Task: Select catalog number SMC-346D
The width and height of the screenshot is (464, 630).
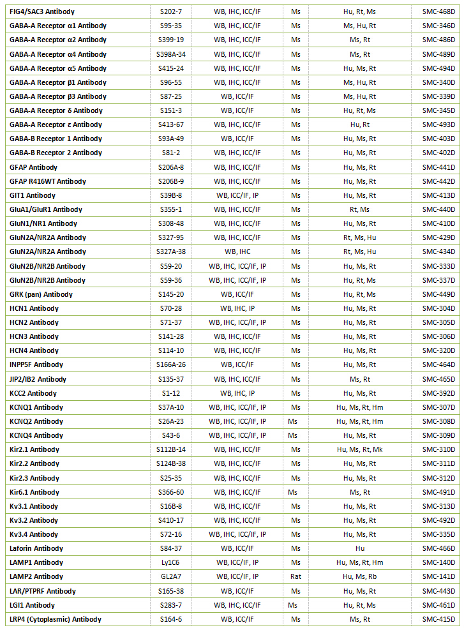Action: pyautogui.click(x=439, y=26)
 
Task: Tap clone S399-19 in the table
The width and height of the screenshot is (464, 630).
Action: pyautogui.click(x=171, y=40)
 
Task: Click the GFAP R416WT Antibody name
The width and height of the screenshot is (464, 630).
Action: pyautogui.click(x=48, y=181)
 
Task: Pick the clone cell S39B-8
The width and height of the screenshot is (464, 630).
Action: pyautogui.click(x=171, y=195)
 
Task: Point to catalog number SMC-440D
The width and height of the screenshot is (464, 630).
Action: pyautogui.click(x=439, y=209)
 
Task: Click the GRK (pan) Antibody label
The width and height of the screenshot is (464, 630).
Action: pyautogui.click(x=41, y=294)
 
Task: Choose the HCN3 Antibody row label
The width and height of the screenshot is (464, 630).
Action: pyautogui.click(x=34, y=336)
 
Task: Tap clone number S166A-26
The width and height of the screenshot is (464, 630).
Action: pyautogui.click(x=171, y=364)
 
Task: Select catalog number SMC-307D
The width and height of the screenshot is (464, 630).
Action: pyautogui.click(x=439, y=407)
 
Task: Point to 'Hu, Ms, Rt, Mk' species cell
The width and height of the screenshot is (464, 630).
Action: pyautogui.click(x=359, y=449)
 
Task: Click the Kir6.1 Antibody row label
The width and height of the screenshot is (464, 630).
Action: pyautogui.click(x=34, y=492)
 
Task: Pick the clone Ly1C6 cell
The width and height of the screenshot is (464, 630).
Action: pyautogui.click(x=171, y=562)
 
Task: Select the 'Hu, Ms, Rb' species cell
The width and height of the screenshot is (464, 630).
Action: pyautogui.click(x=359, y=576)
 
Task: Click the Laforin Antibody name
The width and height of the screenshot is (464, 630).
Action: pyautogui.click(x=36, y=548)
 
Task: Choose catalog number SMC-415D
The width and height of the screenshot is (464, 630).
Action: pyautogui.click(x=439, y=619)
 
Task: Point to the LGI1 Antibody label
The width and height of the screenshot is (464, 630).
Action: pyautogui.click(x=32, y=605)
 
